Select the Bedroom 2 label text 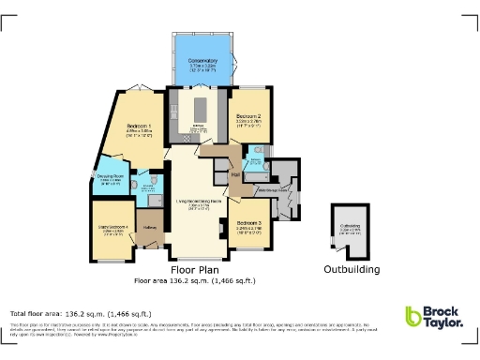[247, 117]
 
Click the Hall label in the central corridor [235, 174]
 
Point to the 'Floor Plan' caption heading [194, 269]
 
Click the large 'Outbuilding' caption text [352, 270]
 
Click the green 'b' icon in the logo [413, 317]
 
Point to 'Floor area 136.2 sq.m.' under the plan [194, 280]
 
